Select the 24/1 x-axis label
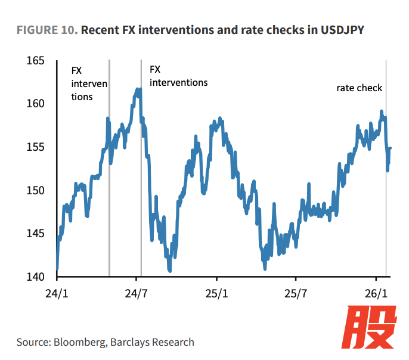(x=57, y=294)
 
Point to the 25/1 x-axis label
(x=216, y=294)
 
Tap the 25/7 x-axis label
(x=296, y=294)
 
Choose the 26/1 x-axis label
(x=376, y=294)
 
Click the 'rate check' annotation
(x=359, y=88)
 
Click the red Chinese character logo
(x=372, y=328)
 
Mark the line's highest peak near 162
(x=138, y=90)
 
